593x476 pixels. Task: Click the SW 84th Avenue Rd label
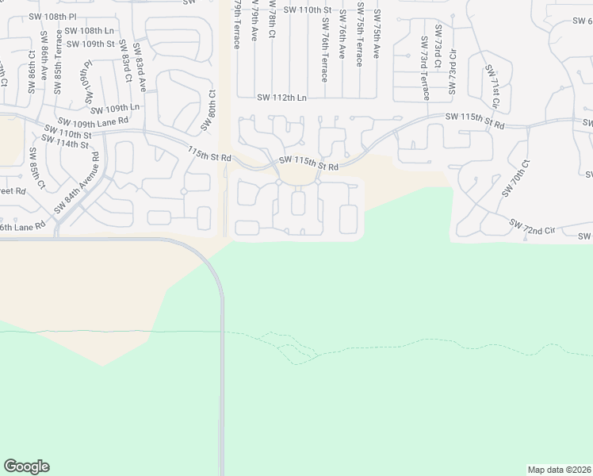coord(78,182)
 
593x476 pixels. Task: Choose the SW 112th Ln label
coord(281,98)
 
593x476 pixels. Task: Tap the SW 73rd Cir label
coord(453,71)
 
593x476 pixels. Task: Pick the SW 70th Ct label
coord(515,178)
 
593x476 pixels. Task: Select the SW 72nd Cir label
coord(532,229)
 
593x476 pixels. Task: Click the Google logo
coord(26,466)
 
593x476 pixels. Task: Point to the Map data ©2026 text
coord(558,470)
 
